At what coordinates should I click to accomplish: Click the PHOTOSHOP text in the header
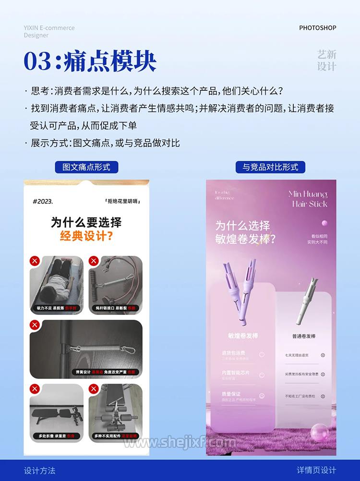[x=318, y=28]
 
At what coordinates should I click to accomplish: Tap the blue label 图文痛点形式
[x=86, y=167]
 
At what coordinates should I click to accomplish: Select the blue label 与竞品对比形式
[x=270, y=167]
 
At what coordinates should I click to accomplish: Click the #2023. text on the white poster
[x=43, y=202]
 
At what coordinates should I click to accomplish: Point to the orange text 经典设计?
[x=86, y=236]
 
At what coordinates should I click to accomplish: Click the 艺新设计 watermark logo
[x=327, y=60]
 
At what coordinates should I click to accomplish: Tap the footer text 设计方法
[x=40, y=470]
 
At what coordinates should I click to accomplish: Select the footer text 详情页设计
[x=316, y=470]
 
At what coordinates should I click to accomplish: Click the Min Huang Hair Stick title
[x=308, y=199]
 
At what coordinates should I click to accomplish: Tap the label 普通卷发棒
[x=304, y=336]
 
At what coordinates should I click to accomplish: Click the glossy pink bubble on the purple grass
[x=318, y=433]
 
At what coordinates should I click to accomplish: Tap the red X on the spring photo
[x=35, y=325]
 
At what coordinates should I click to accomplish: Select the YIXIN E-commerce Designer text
[x=49, y=31]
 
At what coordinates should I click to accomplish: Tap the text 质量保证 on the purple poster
[x=231, y=394]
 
